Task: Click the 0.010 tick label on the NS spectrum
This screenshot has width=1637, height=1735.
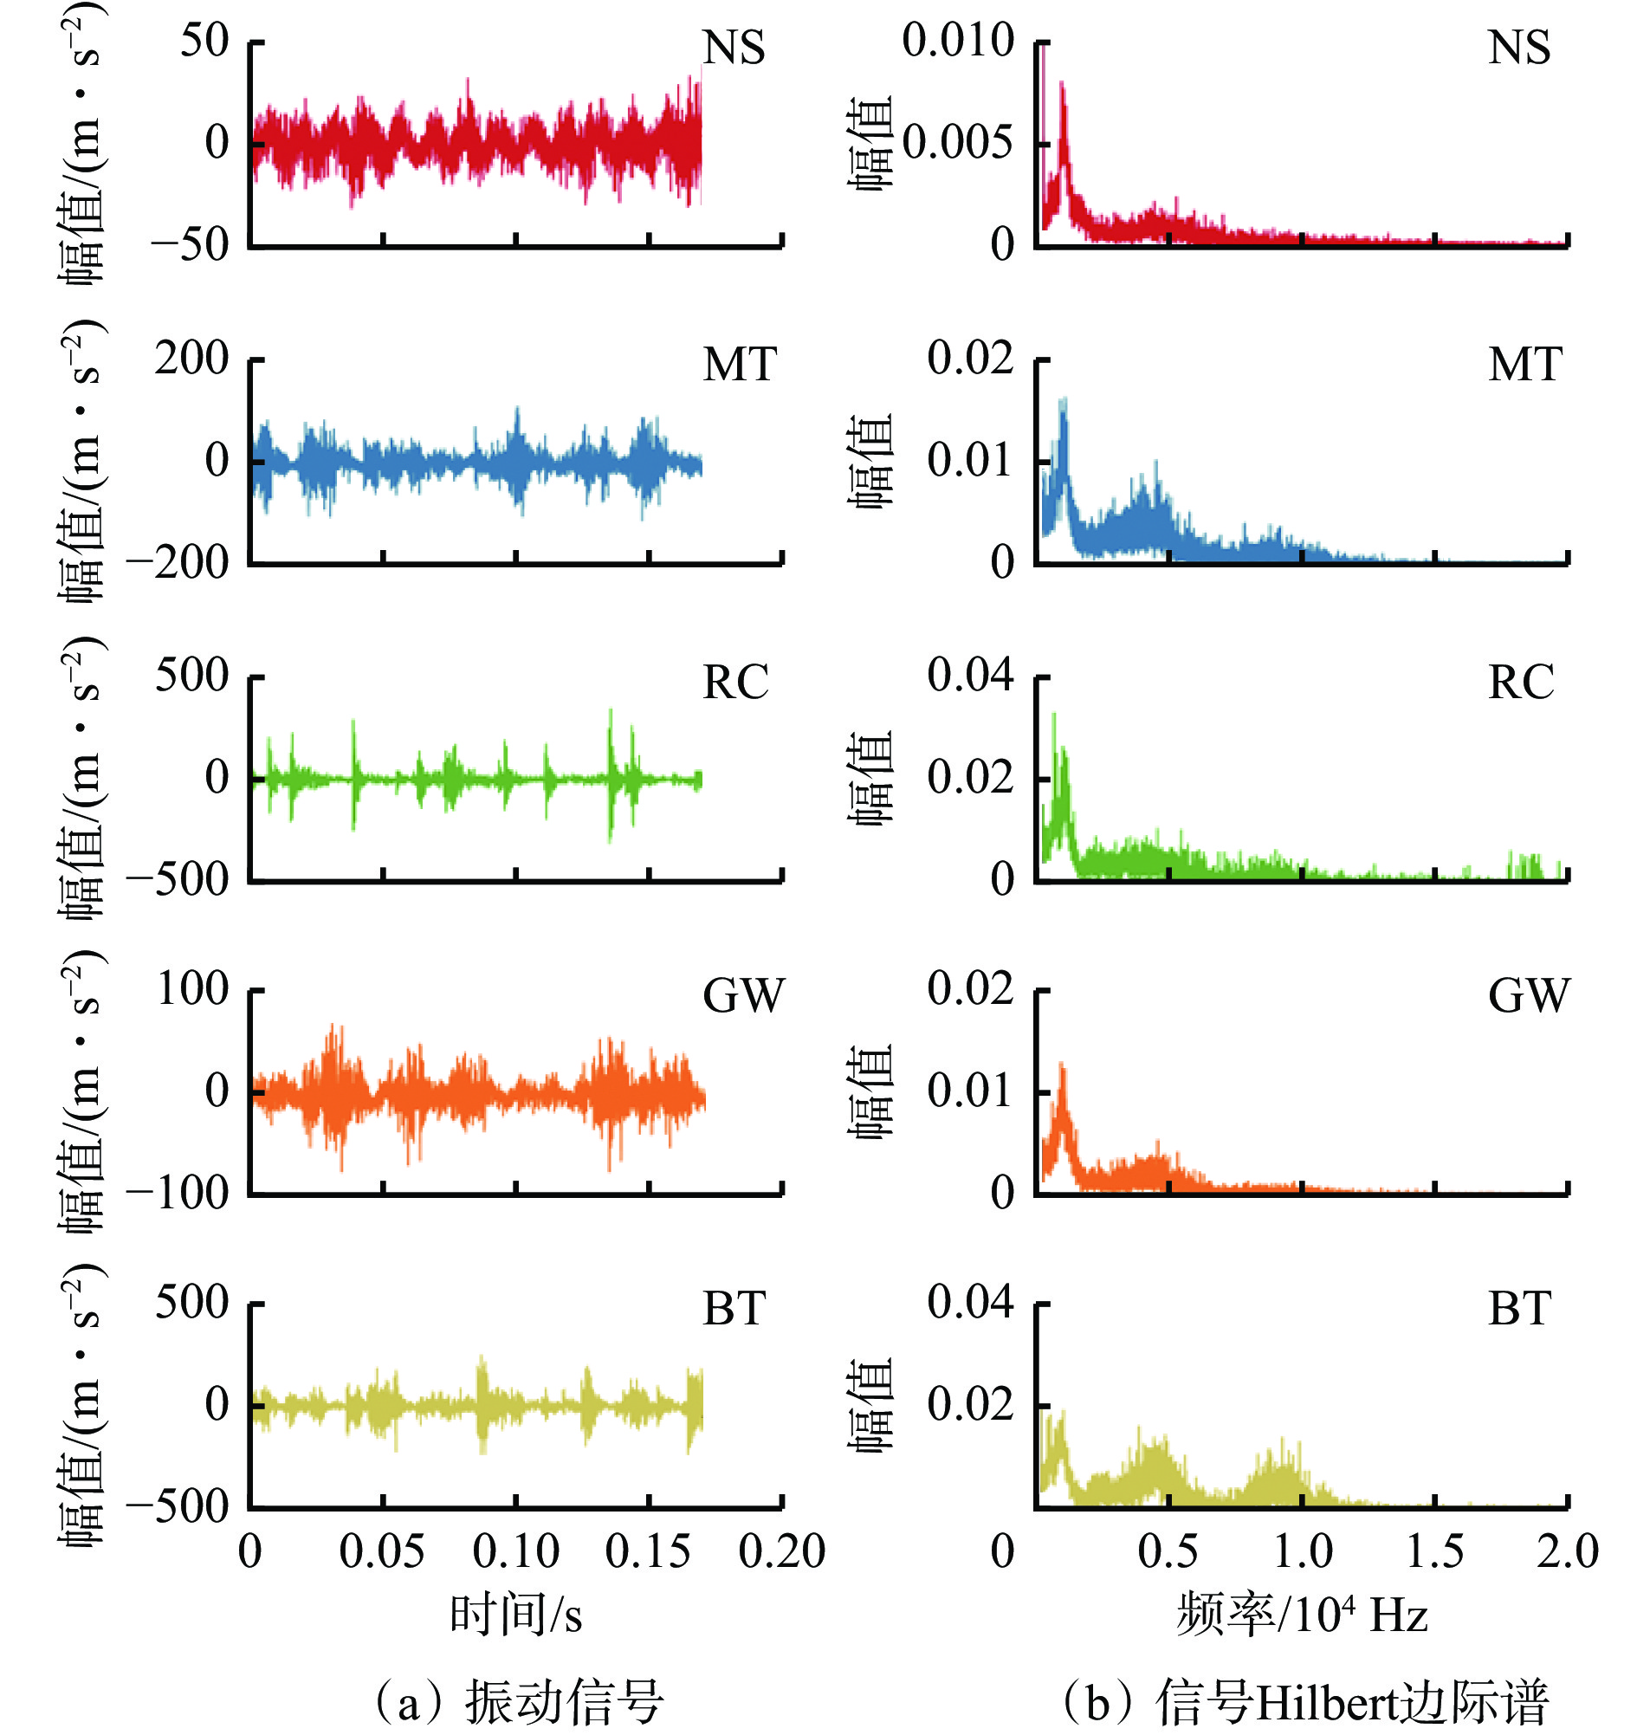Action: [x=957, y=41]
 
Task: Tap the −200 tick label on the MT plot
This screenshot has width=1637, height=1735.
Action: [x=178, y=562]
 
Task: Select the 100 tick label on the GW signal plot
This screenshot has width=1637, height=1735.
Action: [x=192, y=990]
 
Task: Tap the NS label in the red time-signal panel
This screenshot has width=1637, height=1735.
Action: [x=734, y=48]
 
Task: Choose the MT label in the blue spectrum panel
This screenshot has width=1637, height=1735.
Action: [x=1524, y=365]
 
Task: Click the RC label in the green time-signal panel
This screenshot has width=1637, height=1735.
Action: [x=735, y=683]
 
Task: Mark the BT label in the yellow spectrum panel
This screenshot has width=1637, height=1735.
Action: [x=1519, y=1309]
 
